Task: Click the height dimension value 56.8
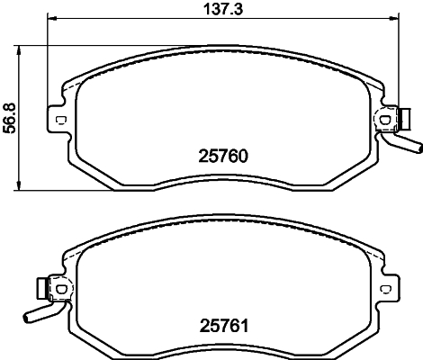[x=9, y=117]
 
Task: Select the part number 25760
[x=221, y=155]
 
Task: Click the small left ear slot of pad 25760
[x=59, y=120]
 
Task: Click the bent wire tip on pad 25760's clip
[x=415, y=146]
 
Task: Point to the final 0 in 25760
[x=243, y=155]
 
